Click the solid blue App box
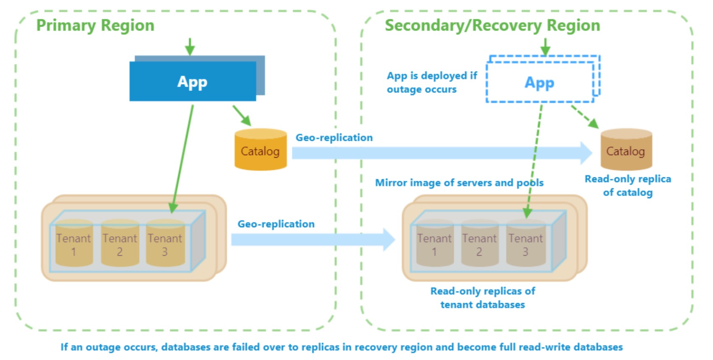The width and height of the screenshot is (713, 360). click(193, 81)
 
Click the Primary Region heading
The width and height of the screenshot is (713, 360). click(95, 26)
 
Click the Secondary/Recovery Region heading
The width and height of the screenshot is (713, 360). click(492, 26)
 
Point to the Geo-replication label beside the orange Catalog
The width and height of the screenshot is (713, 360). click(334, 138)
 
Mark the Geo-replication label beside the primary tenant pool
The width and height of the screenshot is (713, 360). click(276, 224)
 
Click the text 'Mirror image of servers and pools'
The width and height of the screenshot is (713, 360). click(459, 183)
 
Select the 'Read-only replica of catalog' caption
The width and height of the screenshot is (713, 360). click(628, 185)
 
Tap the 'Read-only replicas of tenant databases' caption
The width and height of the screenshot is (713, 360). click(483, 298)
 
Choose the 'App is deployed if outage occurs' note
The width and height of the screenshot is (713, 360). click(431, 82)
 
